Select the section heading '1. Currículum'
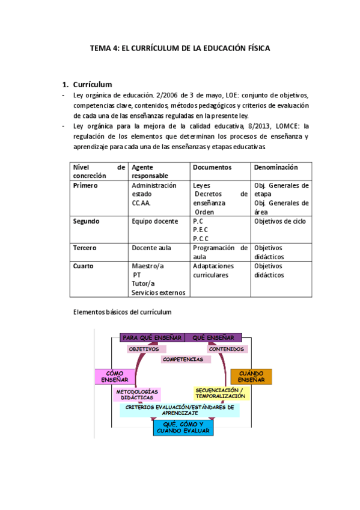click(x=92, y=84)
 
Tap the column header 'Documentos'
click(x=212, y=167)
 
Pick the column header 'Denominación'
click(x=276, y=167)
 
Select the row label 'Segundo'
click(x=86, y=221)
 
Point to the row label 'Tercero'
click(x=85, y=248)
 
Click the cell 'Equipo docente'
click(x=154, y=221)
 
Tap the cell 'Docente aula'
click(x=152, y=248)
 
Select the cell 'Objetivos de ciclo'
click(x=280, y=221)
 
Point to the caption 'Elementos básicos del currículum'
click(x=122, y=312)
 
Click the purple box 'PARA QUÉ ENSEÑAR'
click(x=152, y=337)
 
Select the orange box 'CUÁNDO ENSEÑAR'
click(x=251, y=376)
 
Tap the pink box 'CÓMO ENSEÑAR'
click(x=114, y=376)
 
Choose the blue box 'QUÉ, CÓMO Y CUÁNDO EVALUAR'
click(x=183, y=428)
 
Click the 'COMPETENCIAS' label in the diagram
click(x=183, y=359)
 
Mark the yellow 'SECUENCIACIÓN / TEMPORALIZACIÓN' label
click(x=220, y=393)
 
